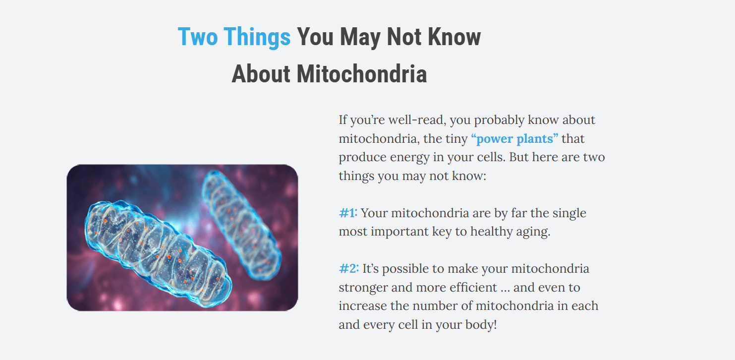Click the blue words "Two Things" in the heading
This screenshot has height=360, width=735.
(x=234, y=37)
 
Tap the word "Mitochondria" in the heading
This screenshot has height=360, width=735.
(x=362, y=74)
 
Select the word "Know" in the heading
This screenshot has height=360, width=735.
(x=454, y=37)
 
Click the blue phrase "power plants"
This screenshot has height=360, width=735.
(x=514, y=139)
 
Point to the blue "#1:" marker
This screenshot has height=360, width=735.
(x=348, y=213)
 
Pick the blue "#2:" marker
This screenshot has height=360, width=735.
(x=349, y=268)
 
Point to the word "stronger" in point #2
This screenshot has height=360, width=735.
(x=363, y=288)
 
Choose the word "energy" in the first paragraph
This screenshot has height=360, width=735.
(x=409, y=158)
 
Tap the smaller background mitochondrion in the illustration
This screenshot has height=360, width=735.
(x=241, y=225)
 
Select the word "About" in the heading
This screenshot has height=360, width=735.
(x=261, y=74)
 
